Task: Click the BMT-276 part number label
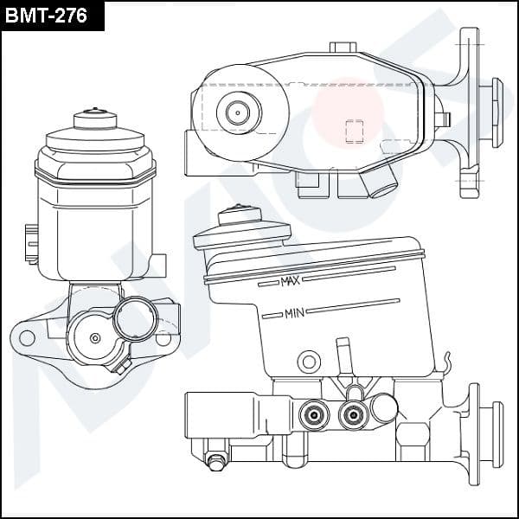point(46,16)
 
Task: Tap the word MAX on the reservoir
point(290,281)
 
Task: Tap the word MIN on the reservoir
point(294,313)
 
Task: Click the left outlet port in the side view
point(314,414)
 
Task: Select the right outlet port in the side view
point(354,414)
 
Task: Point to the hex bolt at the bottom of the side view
point(215,461)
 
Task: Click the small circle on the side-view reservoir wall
point(309,362)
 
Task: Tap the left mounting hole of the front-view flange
point(27,338)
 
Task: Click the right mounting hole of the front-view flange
point(163,338)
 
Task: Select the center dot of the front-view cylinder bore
point(95,338)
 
